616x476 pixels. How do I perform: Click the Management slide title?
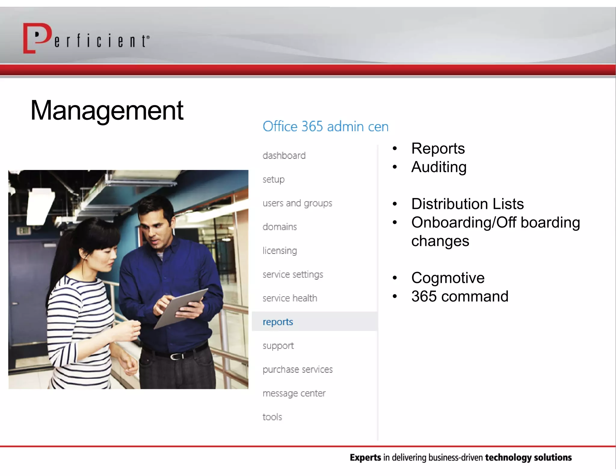(107, 110)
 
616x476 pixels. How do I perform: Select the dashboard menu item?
(284, 156)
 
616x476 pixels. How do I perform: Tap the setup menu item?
(273, 179)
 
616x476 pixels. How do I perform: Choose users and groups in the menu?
(297, 203)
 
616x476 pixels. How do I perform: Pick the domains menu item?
(280, 227)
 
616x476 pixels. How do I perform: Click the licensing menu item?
(280, 250)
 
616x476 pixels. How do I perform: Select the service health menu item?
(290, 298)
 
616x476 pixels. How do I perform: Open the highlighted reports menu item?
(278, 322)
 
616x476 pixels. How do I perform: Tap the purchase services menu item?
(297, 369)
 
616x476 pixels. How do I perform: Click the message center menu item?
(294, 393)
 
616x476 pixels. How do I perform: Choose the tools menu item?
(272, 417)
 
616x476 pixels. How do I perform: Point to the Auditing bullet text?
(439, 167)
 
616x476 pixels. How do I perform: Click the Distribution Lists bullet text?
(467, 204)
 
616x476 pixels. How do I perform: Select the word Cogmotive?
(448, 277)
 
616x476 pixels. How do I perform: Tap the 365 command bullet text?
(460, 296)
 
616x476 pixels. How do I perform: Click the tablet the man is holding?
(180, 307)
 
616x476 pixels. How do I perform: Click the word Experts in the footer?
(365, 458)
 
